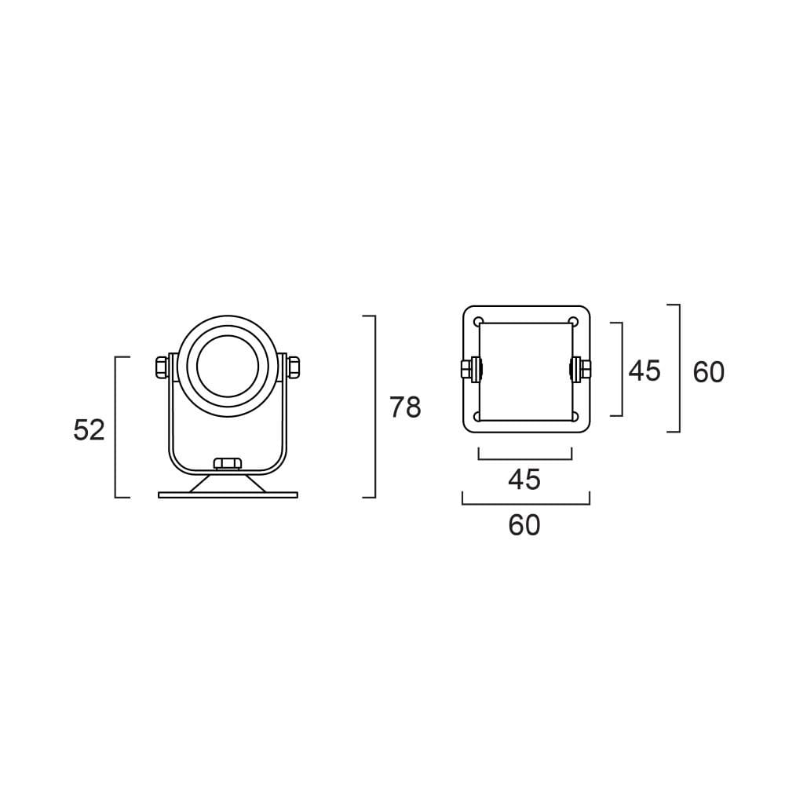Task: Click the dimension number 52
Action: [x=89, y=430]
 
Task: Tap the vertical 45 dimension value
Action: [x=644, y=371]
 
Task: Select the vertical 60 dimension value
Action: [x=708, y=372]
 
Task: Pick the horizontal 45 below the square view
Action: [x=524, y=479]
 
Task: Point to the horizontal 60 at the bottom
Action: [x=524, y=525]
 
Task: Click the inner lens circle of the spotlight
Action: [x=228, y=366]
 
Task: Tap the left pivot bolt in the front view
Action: [x=162, y=367]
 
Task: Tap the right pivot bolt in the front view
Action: [x=293, y=367]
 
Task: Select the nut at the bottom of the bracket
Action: [x=228, y=463]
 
